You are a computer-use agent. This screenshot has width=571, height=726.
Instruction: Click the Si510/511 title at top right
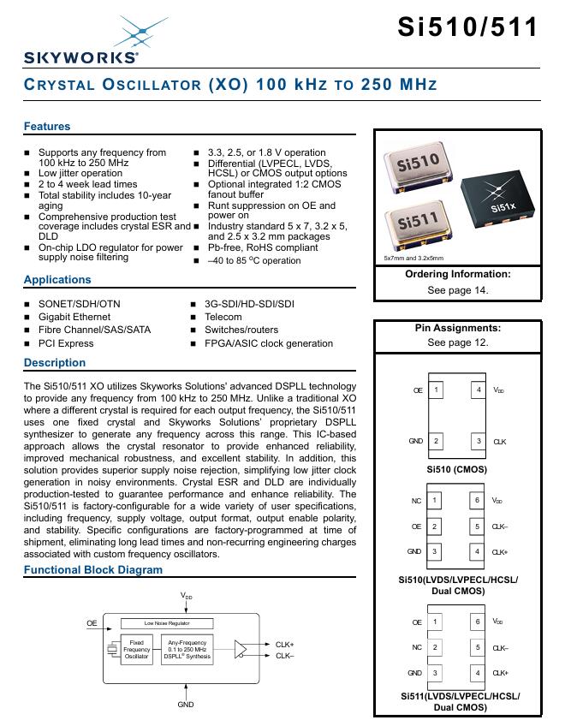[x=468, y=27]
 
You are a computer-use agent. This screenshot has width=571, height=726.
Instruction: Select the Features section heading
[x=47, y=127]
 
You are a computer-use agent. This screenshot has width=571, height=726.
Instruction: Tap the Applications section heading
[x=57, y=280]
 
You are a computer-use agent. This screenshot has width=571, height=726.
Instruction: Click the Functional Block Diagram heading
[x=92, y=570]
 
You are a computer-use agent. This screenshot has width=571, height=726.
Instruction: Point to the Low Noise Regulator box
[x=167, y=623]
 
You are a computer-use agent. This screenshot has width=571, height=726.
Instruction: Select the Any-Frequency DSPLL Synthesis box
[x=187, y=648]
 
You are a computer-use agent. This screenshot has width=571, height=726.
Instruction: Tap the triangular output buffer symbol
[x=243, y=649]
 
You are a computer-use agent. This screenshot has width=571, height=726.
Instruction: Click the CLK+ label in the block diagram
[x=284, y=644]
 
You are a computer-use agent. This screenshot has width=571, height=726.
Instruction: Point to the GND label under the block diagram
[x=186, y=705]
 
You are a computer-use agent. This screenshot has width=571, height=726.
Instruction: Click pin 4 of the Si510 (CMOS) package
[x=479, y=390]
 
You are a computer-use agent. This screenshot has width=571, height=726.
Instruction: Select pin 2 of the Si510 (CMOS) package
[x=437, y=441]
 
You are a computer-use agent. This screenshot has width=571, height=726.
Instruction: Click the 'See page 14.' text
[x=457, y=290]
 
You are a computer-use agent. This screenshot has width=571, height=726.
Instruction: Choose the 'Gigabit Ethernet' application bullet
[x=74, y=317]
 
